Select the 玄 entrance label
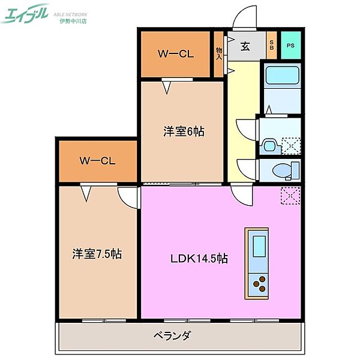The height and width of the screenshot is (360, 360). (x=246, y=46)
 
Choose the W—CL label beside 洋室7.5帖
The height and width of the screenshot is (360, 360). (x=98, y=161)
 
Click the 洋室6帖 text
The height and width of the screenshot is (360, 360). (x=184, y=131)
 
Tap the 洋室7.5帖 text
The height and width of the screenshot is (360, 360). (x=97, y=254)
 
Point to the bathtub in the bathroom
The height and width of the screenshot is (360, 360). (x=282, y=77)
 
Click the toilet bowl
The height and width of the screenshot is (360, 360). (x=281, y=170)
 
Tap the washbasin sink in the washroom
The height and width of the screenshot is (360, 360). (x=269, y=145)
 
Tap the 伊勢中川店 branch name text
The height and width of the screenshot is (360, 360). (x=73, y=21)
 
